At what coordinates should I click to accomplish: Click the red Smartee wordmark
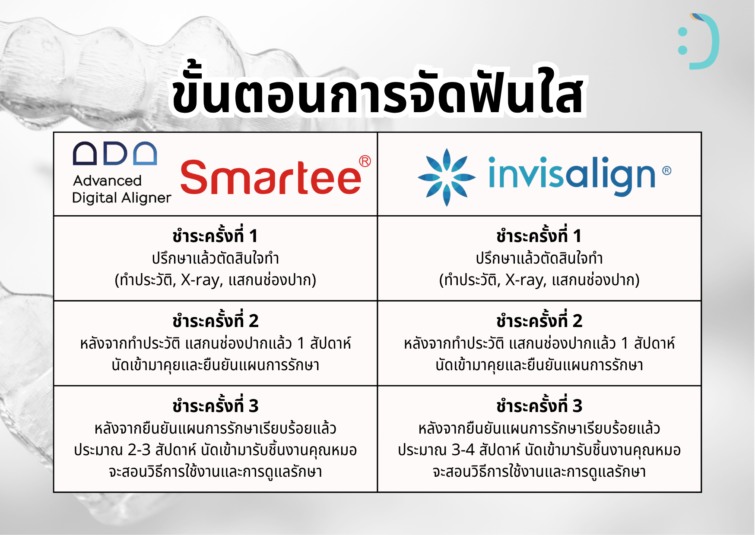[x=271, y=177]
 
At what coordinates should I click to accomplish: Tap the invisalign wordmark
[x=572, y=175]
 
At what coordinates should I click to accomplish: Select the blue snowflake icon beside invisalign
[x=447, y=177]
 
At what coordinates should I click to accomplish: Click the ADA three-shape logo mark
[x=115, y=153]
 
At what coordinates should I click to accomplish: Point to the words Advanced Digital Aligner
[x=121, y=189]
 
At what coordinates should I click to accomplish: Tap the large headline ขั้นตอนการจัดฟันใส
[x=377, y=91]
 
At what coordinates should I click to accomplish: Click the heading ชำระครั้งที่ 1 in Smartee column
[x=215, y=235]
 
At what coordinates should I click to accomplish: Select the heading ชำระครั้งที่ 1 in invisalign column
[x=539, y=235]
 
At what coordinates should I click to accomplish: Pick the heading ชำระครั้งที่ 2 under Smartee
[x=215, y=320]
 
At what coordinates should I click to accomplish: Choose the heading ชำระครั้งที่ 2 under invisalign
[x=539, y=320]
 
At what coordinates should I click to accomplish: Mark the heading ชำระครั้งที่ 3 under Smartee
[x=215, y=405]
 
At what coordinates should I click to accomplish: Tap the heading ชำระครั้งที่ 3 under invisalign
[x=539, y=405]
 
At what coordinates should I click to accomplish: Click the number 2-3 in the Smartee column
[x=139, y=450]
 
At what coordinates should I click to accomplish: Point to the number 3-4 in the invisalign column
[x=463, y=450]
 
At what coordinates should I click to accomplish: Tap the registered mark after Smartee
[x=365, y=161]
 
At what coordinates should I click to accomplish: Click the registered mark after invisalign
[x=667, y=170]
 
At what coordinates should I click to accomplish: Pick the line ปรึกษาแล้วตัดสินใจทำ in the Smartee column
[x=215, y=258]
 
